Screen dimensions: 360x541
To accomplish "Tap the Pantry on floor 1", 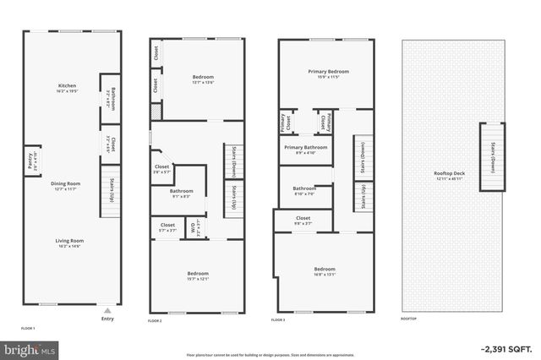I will pyautogui.click(x=30, y=161).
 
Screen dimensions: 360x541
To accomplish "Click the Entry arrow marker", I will pyautogui.click(x=107, y=310).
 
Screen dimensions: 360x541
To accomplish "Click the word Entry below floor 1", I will pyautogui.click(x=107, y=319).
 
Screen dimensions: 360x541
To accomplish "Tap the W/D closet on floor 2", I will pyautogui.click(x=195, y=227).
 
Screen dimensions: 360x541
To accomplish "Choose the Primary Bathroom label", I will pyautogui.click(x=305, y=150).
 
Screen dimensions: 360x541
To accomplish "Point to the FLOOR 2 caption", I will pyautogui.click(x=155, y=321).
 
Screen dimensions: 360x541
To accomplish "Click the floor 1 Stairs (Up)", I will pyautogui.click(x=108, y=194).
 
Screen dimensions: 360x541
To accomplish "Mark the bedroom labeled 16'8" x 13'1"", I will pyautogui.click(x=324, y=271).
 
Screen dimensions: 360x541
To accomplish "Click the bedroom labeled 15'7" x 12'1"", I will pyautogui.click(x=197, y=275).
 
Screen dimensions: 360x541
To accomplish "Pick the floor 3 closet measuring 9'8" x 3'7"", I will pyautogui.click(x=303, y=220).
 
